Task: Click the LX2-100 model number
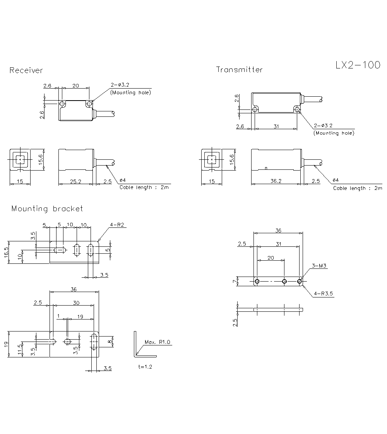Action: [358, 65]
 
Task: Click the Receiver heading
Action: [26, 70]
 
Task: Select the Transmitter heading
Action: [239, 70]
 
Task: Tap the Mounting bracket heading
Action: [47, 208]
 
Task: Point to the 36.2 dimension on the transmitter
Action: [276, 181]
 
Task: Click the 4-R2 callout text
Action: [117, 225]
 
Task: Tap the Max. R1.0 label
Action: [157, 342]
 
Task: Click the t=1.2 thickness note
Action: [145, 367]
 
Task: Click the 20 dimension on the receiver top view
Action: [75, 85]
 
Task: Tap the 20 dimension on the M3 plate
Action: [271, 258]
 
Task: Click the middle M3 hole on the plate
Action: [284, 282]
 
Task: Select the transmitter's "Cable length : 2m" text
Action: [357, 188]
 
